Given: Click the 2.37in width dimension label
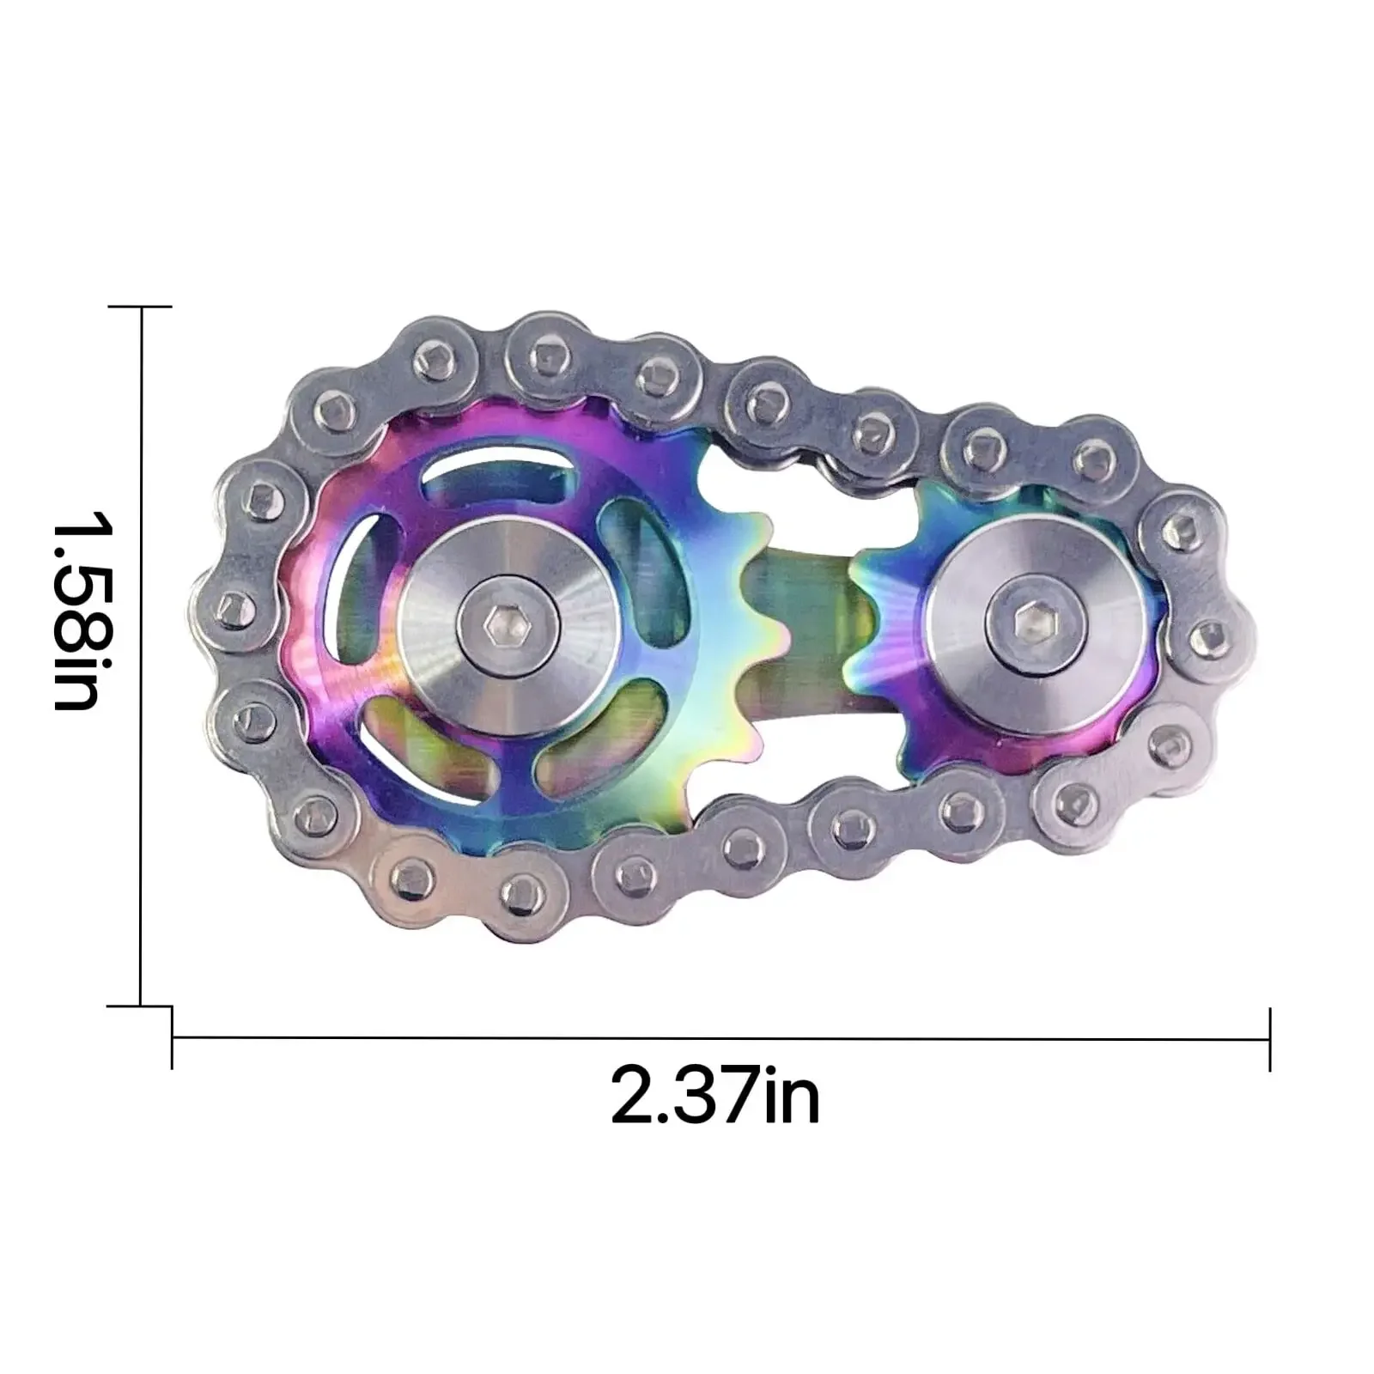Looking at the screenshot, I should click(x=714, y=1095).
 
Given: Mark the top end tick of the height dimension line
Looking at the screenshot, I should click(x=141, y=306).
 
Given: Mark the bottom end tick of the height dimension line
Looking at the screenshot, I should click(x=141, y=1006).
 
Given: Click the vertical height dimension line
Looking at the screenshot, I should click(x=141, y=653).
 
